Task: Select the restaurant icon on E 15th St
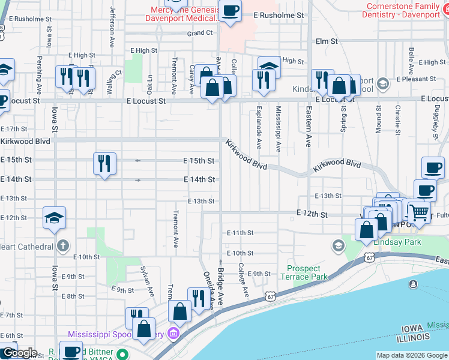pyautogui.click(x=105, y=163)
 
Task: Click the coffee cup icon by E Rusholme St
pyautogui.click(x=231, y=10)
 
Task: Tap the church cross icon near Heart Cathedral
pyautogui.click(x=62, y=245)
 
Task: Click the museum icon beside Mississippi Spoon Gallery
pyautogui.click(x=173, y=334)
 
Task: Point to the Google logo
pyautogui.click(x=19, y=353)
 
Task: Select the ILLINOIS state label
pyautogui.click(x=413, y=339)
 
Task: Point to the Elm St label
pyautogui.click(x=327, y=41)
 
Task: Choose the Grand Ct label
pyautogui.click(x=200, y=33)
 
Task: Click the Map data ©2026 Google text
pyautogui.click(x=411, y=355)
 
